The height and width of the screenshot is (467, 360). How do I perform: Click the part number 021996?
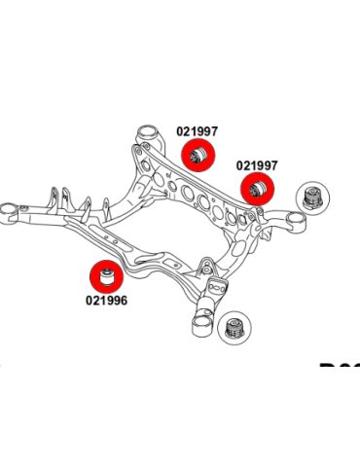pyautogui.click(x=106, y=301)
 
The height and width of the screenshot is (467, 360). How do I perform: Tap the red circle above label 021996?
pyautogui.click(x=105, y=276)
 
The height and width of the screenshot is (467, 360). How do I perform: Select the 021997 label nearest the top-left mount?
pyautogui.click(x=197, y=131)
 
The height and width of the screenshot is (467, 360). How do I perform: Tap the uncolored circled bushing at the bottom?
pyautogui.click(x=234, y=327)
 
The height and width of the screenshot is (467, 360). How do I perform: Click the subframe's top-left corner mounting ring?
pyautogui.click(x=145, y=133)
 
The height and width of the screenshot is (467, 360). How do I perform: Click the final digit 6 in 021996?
pyautogui.click(x=124, y=301)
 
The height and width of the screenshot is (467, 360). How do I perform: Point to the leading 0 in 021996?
pyautogui.click(x=89, y=301)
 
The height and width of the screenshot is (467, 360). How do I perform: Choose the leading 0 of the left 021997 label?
pyautogui.click(x=179, y=131)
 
